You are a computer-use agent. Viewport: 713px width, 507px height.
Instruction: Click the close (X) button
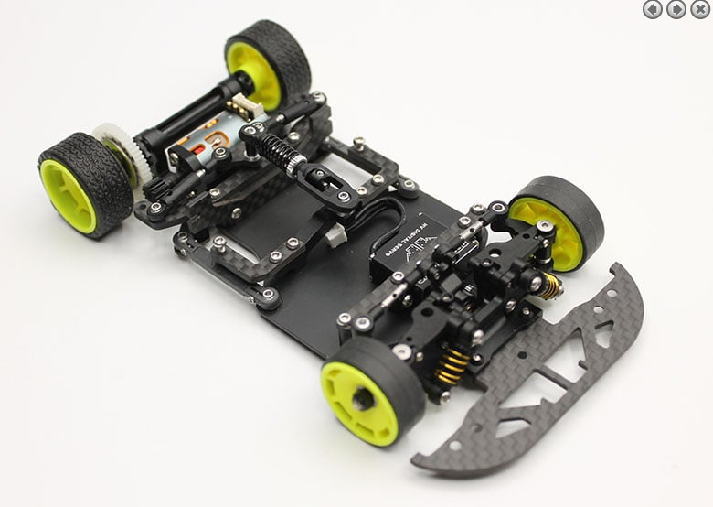[x=700, y=9]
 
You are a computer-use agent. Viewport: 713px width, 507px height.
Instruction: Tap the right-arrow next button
[x=676, y=9]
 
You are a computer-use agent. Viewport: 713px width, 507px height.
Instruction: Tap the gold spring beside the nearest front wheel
[x=451, y=366]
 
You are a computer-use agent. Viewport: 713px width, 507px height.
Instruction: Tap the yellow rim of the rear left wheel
[x=68, y=195]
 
